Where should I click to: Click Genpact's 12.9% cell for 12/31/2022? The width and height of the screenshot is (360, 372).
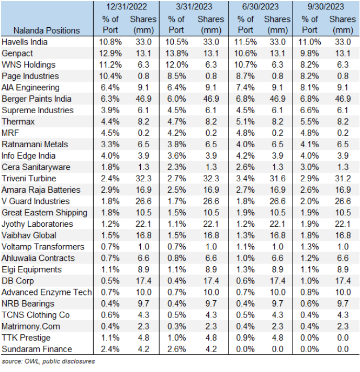pyautogui.click(x=109, y=53)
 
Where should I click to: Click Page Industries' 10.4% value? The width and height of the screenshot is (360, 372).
pyautogui.click(x=109, y=76)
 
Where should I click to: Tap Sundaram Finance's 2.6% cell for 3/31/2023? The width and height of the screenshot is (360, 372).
pyautogui.click(x=178, y=349)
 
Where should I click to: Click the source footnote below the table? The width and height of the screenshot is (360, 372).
pyautogui.click(x=48, y=362)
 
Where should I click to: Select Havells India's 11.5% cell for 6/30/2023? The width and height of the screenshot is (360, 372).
pyautogui.click(x=246, y=42)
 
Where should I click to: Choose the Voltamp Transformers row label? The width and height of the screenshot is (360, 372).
pyautogui.click(x=43, y=247)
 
